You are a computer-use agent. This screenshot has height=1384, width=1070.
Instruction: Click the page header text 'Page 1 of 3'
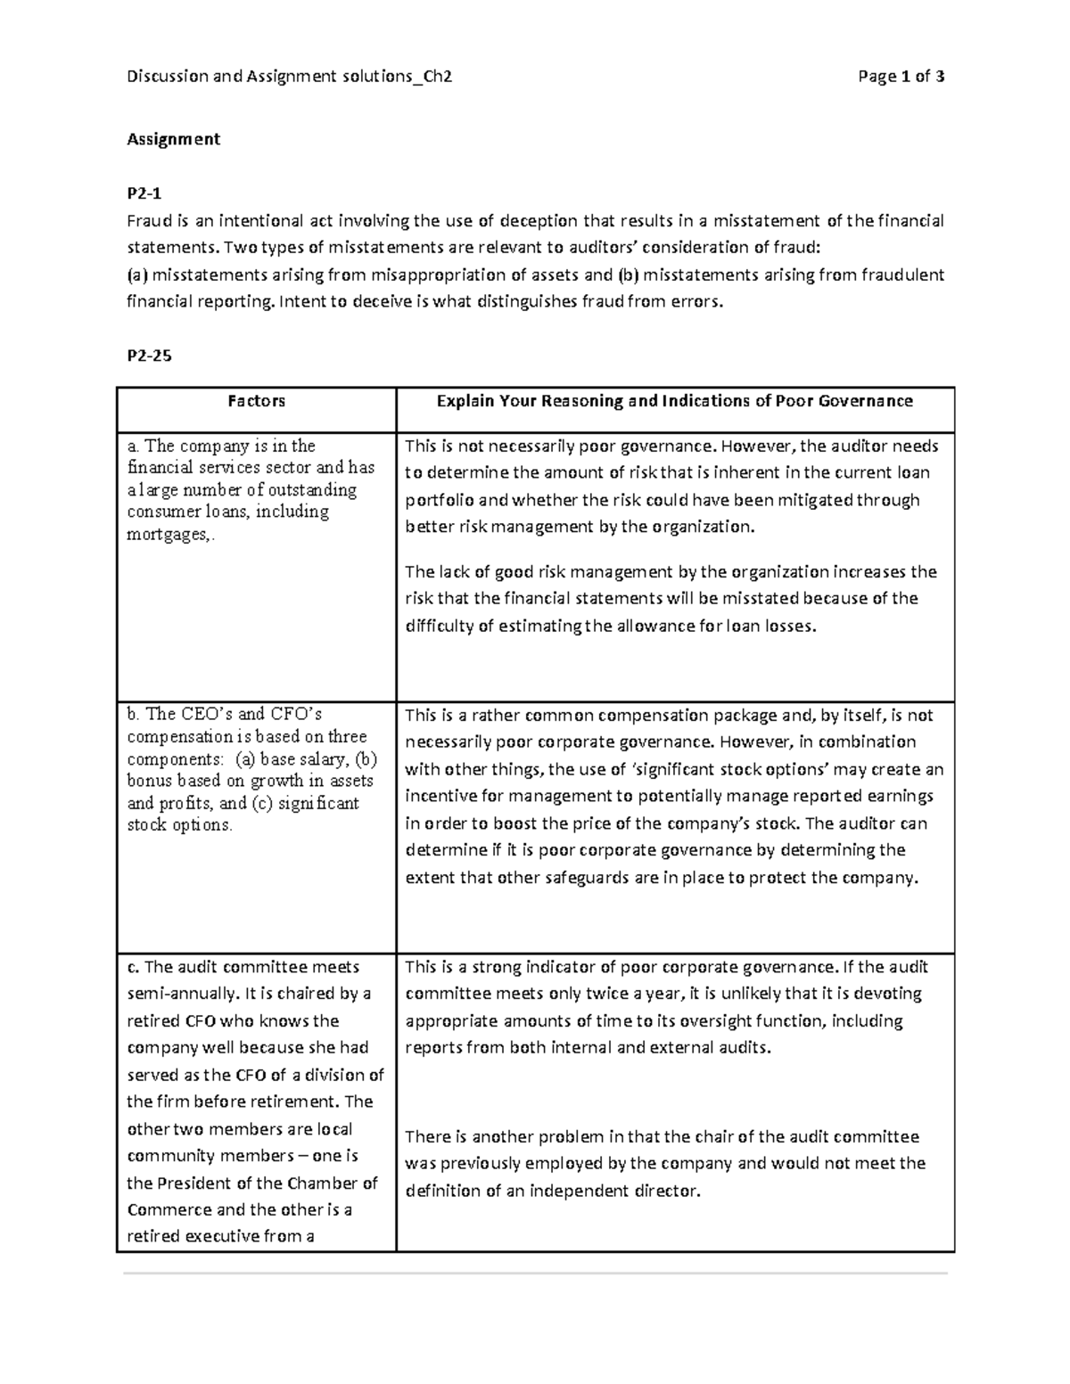(901, 77)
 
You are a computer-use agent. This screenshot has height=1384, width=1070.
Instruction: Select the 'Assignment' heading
(173, 139)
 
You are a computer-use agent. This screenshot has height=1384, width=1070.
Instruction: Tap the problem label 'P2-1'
(144, 192)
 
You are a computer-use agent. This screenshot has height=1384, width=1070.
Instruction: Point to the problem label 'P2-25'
(149, 356)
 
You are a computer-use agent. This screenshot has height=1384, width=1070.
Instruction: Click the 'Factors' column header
(256, 401)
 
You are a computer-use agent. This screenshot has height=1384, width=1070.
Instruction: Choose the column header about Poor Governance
(674, 401)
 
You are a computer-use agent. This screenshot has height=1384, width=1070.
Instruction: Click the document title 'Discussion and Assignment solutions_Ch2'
(290, 77)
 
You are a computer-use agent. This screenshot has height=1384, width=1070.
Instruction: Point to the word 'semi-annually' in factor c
(178, 994)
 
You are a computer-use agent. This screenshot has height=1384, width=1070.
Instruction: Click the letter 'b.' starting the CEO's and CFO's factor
(134, 715)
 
